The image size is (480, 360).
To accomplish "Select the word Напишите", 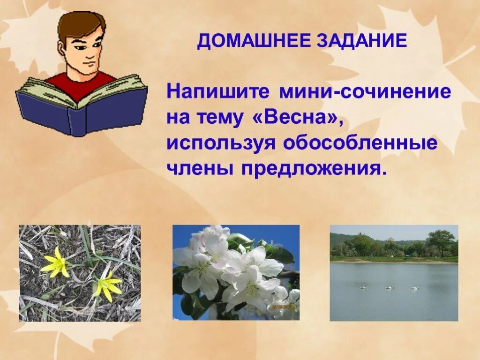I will tap(218, 91).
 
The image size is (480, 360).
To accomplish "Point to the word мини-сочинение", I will tap(366, 91).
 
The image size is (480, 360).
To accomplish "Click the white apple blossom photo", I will tap(236, 273).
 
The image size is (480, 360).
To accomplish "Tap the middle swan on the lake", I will tap(390, 287).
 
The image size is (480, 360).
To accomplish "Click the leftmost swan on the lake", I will tap(363, 287).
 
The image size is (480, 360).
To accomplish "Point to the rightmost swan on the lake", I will tap(414, 287).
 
